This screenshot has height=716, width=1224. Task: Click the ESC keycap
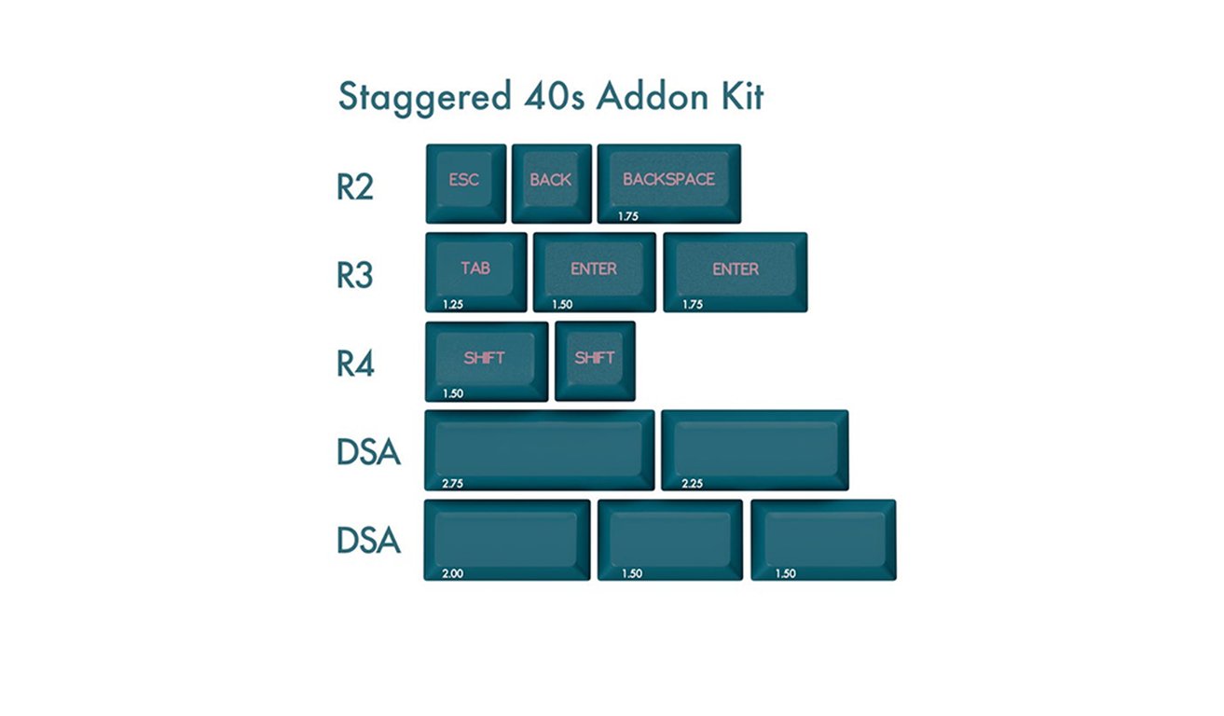click(x=466, y=184)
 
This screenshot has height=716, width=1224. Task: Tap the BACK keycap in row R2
click(x=551, y=184)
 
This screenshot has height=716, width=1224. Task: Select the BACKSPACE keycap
click(x=669, y=184)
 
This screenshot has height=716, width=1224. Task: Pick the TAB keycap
click(x=476, y=272)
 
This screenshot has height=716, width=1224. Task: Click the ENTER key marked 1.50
click(x=595, y=272)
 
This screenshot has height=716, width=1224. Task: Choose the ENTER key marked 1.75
click(x=736, y=272)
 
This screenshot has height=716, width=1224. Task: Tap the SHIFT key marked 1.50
click(x=487, y=362)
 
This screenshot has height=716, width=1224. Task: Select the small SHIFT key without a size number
click(x=595, y=362)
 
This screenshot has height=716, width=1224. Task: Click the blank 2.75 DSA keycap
click(x=540, y=450)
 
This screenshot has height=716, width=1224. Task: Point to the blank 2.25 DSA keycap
click(x=754, y=450)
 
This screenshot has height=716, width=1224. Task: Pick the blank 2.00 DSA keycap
click(x=507, y=540)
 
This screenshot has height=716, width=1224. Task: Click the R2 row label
click(x=355, y=187)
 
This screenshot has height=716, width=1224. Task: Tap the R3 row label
click(x=355, y=275)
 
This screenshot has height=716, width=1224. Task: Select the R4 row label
click(x=355, y=364)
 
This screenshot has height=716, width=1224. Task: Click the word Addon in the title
click(x=653, y=97)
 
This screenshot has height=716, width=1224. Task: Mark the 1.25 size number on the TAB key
click(x=452, y=305)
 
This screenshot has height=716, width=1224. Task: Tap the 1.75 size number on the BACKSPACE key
click(x=627, y=216)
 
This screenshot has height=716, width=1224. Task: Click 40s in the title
click(x=555, y=97)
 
